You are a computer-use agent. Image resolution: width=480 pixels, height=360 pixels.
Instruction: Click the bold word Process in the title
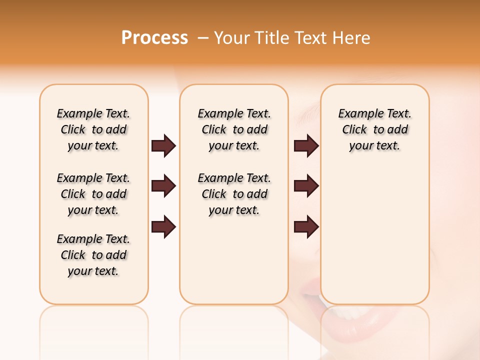pos(154,38)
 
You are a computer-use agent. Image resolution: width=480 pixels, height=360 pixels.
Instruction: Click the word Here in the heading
pos(352,38)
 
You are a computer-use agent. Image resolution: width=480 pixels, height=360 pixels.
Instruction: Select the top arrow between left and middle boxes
pos(163,146)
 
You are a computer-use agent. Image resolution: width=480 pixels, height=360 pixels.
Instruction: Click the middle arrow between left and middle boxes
pos(163,186)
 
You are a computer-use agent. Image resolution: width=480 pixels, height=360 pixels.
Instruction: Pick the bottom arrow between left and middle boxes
pos(163,227)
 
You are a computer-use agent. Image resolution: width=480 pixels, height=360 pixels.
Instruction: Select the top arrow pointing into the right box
pos(306,146)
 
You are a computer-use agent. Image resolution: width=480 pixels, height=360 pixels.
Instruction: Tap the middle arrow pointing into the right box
pos(306,186)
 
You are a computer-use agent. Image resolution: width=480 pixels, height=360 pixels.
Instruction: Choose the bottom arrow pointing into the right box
pos(306,227)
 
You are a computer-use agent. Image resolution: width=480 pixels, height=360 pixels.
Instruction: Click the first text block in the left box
pos(93,129)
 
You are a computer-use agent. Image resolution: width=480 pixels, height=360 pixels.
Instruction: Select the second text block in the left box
pos(93,194)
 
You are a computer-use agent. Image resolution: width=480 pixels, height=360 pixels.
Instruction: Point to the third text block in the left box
pos(93,255)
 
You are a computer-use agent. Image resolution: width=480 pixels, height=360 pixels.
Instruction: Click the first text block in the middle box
pos(234,129)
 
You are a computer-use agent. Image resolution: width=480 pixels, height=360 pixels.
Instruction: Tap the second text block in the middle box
pos(234,194)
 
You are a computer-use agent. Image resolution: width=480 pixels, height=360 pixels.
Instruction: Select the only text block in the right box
pos(374,129)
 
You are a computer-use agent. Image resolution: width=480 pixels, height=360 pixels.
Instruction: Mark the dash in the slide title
pos(203,38)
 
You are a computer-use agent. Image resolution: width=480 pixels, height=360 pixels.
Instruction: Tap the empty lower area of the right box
pos(374,240)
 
